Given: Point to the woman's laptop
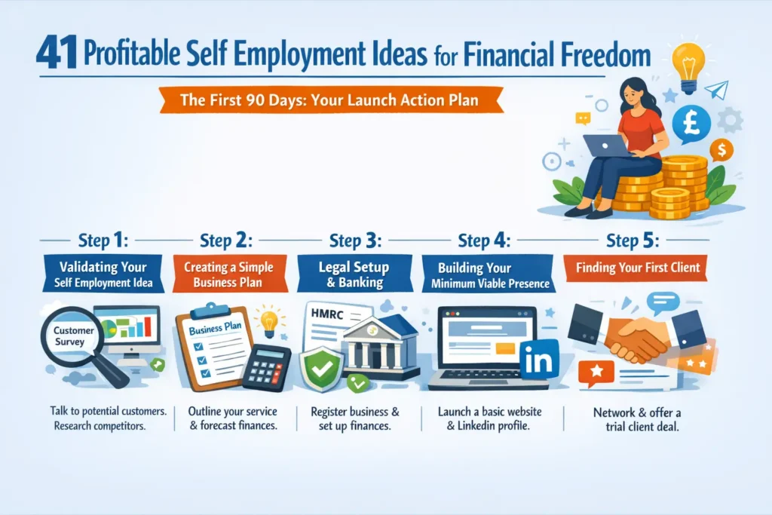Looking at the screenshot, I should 606,146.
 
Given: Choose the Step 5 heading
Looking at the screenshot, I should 633,242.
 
